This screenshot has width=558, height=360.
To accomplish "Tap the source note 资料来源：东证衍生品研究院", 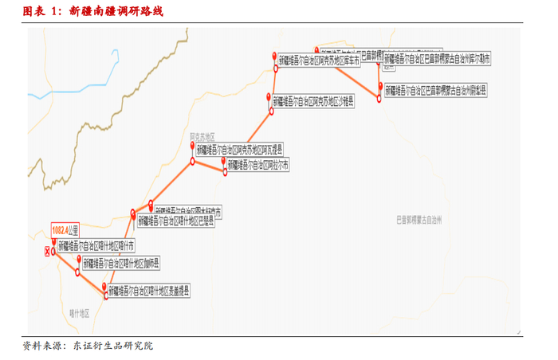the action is click(x=87, y=346).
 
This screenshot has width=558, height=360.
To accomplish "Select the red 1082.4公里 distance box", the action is click(x=66, y=230).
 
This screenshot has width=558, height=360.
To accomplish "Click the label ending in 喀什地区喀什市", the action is click(x=96, y=245).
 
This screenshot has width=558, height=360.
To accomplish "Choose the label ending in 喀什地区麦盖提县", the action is click(x=150, y=292).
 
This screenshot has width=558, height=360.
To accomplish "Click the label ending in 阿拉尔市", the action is click(x=258, y=165).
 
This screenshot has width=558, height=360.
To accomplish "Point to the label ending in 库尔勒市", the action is click(x=438, y=59).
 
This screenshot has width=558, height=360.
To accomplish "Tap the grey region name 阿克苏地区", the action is click(x=203, y=137).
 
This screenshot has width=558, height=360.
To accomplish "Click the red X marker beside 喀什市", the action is click(x=47, y=250).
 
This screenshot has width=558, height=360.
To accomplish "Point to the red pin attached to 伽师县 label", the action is click(x=79, y=261).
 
